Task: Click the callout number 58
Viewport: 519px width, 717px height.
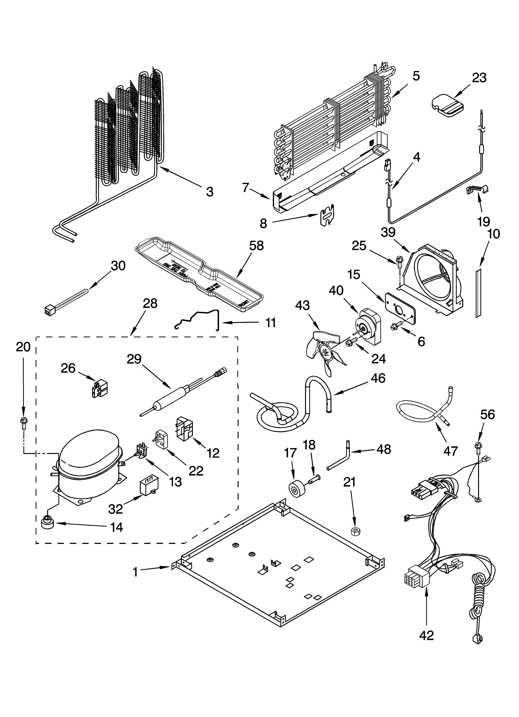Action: [x=256, y=246]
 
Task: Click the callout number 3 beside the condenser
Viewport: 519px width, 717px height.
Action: [x=210, y=192]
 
